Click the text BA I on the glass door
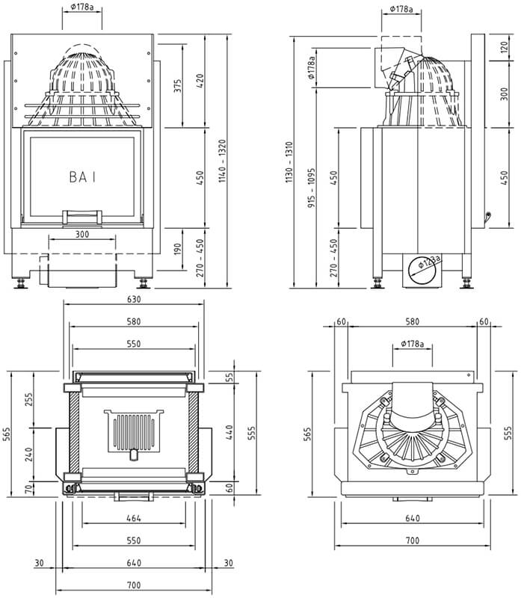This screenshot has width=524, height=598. pyautogui.click(x=82, y=177)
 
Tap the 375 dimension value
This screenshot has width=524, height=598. pyautogui.click(x=178, y=87)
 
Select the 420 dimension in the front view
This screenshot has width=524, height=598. pyautogui.click(x=200, y=81)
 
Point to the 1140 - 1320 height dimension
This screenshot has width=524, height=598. pyautogui.click(x=223, y=161)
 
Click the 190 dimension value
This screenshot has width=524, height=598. pyautogui.click(x=178, y=249)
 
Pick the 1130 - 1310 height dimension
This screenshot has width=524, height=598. pyautogui.click(x=289, y=161)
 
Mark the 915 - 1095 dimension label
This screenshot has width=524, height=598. pyautogui.click(x=312, y=188)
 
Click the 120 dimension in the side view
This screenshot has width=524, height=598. pyautogui.click(x=504, y=47)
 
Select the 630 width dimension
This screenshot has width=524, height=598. pyautogui.click(x=134, y=299)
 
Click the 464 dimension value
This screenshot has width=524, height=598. pyautogui.click(x=134, y=518)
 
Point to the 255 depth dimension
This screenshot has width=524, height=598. pyautogui.click(x=29, y=399)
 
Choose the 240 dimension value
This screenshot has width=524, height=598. pyautogui.click(x=29, y=454)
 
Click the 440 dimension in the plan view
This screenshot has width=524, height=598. pyautogui.click(x=229, y=433)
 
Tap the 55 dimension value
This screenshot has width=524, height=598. pyautogui.click(x=229, y=377)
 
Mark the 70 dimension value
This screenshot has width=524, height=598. pyautogui.click(x=29, y=489)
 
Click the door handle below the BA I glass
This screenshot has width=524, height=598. pyautogui.click(x=82, y=217)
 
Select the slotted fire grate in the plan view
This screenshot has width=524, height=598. pyautogui.click(x=134, y=431)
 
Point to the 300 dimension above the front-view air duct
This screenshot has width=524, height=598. pyautogui.click(x=82, y=234)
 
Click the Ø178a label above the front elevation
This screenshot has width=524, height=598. pyautogui.click(x=82, y=7)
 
